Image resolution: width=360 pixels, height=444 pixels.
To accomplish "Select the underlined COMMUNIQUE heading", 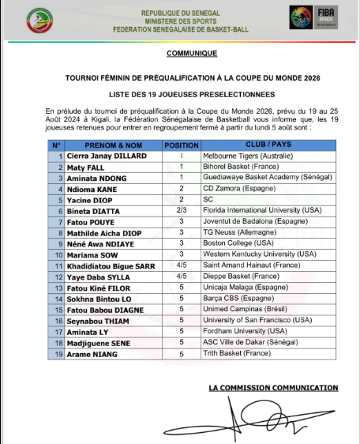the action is click(x=192, y=54).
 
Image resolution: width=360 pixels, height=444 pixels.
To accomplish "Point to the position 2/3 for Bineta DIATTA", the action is click(x=182, y=212).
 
